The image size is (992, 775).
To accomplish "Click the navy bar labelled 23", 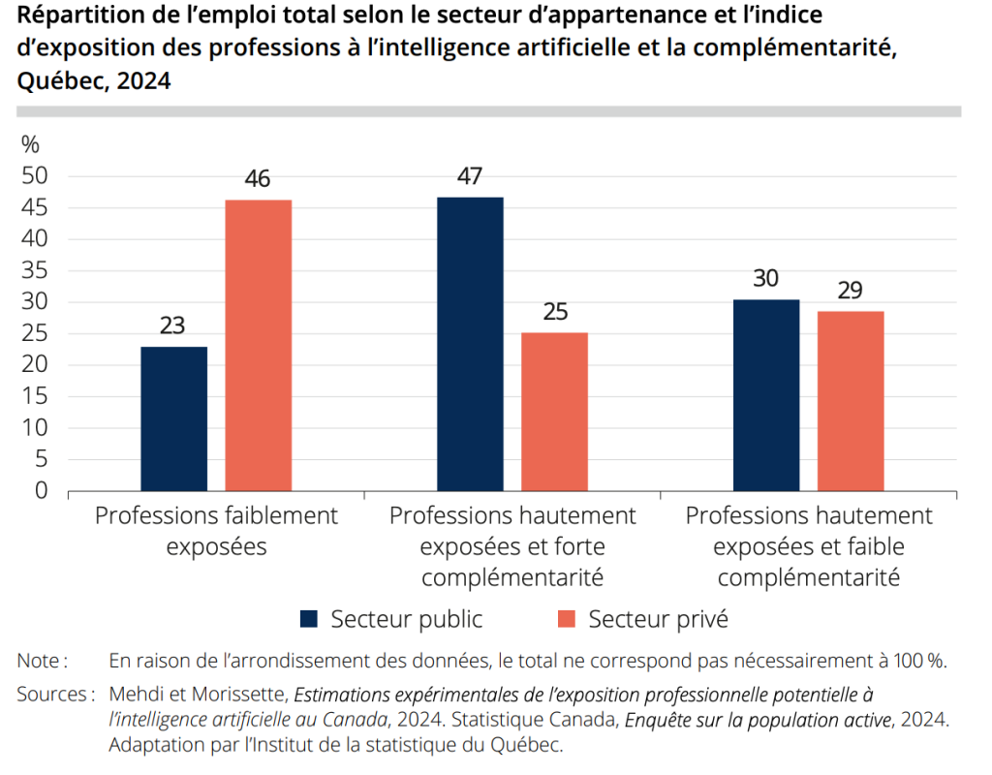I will coord(173,418).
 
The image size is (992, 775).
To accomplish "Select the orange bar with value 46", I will coord(259,345).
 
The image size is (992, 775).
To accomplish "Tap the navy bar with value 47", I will coord(470,344).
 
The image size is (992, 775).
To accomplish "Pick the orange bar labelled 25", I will coord(554,412).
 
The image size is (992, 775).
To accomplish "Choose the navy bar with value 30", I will coord(766,395).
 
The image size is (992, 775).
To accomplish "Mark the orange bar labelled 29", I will coord(851,401).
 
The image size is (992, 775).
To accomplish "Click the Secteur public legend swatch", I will coord(309,619).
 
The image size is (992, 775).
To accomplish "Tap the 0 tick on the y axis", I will coord(41,491).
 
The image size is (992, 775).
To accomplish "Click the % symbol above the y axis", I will coord(30,144).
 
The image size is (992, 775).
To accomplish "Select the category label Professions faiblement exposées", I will coord(216,530).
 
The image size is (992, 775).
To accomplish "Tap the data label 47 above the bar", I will coord(470,176).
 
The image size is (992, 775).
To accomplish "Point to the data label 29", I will coord(851,291).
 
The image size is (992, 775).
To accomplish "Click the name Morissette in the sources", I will coord(239,695).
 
